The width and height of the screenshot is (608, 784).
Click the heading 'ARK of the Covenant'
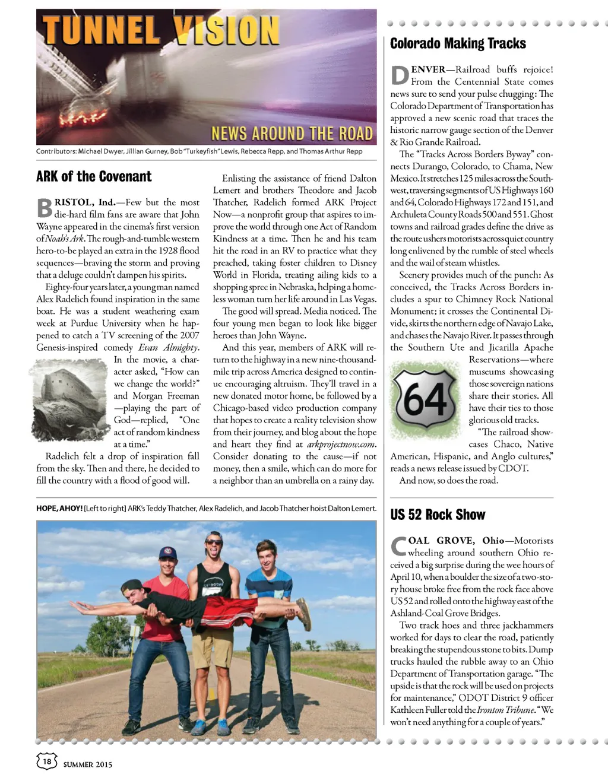pos(94,176)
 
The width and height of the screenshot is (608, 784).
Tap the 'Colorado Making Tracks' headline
pos(458,43)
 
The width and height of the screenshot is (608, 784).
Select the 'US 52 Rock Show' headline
pos(438,515)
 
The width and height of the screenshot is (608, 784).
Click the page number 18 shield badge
pos(47,761)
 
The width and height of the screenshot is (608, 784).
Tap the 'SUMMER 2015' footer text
pos(88,764)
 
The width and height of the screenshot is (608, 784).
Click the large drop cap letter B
pos(45,208)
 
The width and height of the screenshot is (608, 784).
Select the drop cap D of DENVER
pos(400,75)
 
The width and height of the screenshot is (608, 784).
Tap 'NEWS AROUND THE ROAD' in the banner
pos(292,133)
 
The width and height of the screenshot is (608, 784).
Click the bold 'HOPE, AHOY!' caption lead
pos(59,509)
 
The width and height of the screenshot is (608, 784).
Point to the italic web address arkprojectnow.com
pos(341,444)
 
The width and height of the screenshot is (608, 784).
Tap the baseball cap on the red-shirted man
pos(168,553)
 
